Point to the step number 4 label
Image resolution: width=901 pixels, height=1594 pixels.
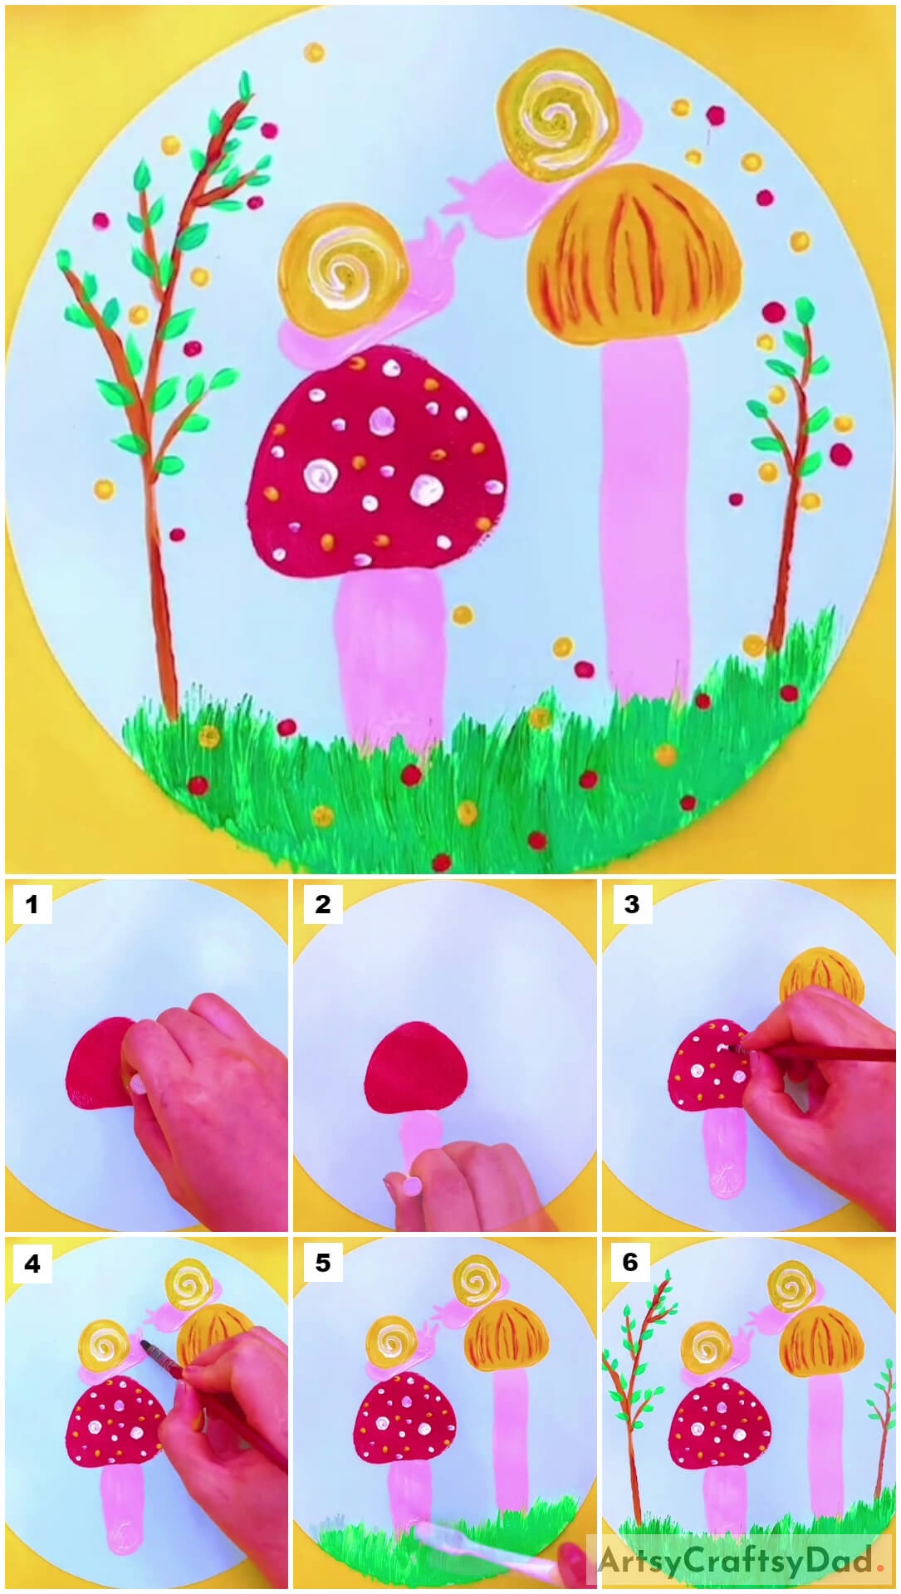click(32, 1264)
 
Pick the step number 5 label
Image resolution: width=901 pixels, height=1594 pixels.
click(322, 1264)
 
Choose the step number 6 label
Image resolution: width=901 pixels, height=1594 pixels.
click(631, 1264)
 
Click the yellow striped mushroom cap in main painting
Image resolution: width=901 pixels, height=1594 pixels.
click(635, 257)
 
